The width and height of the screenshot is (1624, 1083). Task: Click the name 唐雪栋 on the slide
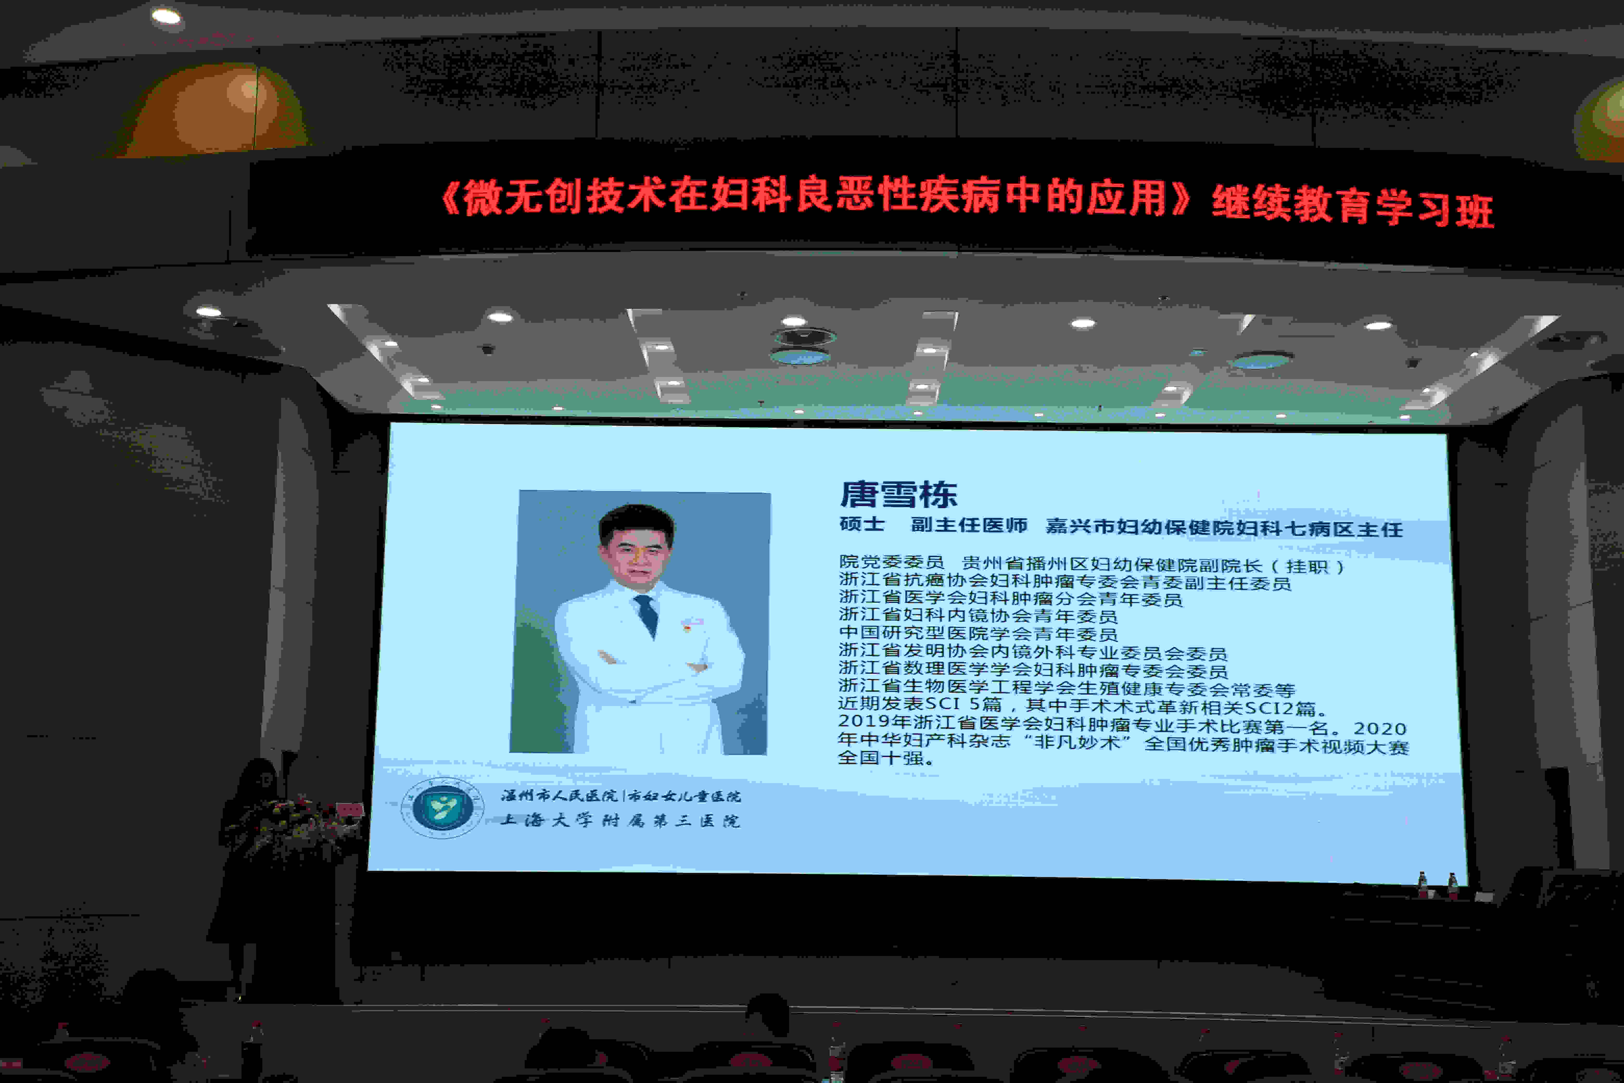(x=898, y=495)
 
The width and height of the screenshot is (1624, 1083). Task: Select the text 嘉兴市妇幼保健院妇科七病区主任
(x=1223, y=528)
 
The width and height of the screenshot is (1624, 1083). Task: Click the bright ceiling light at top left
(x=166, y=16)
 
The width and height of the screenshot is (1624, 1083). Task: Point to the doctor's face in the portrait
(x=637, y=552)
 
